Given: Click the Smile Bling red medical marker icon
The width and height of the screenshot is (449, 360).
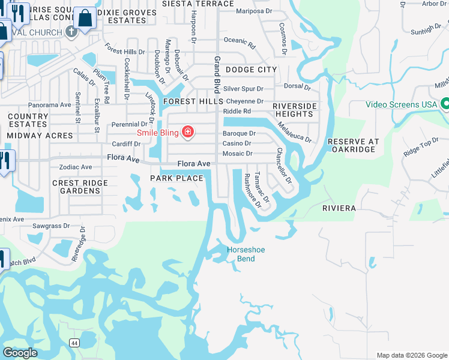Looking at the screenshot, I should point(188,132).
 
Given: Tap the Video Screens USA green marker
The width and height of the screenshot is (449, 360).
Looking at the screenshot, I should point(445,104).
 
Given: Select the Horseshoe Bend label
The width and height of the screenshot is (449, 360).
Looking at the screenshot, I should point(246,254).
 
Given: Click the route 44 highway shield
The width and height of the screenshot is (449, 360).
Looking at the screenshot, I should point(74,343).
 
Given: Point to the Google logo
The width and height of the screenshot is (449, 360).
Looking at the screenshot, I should point(20,353).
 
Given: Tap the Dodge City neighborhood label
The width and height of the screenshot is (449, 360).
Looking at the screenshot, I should point(251,70).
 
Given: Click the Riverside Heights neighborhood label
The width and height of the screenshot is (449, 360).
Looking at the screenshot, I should point(294,110).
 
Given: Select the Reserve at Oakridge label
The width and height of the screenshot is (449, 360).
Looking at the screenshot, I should point(354,146).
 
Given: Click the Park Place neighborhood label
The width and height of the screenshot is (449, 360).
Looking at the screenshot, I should point(176,179).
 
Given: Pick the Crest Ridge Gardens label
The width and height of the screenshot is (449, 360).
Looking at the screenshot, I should point(80,187).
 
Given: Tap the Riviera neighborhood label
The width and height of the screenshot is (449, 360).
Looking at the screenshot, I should point(339,208).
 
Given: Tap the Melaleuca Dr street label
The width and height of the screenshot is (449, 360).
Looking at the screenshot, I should point(294,132).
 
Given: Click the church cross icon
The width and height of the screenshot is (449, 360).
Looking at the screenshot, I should point(71,31).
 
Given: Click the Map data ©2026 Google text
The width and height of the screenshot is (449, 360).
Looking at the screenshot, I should point(411,355).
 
